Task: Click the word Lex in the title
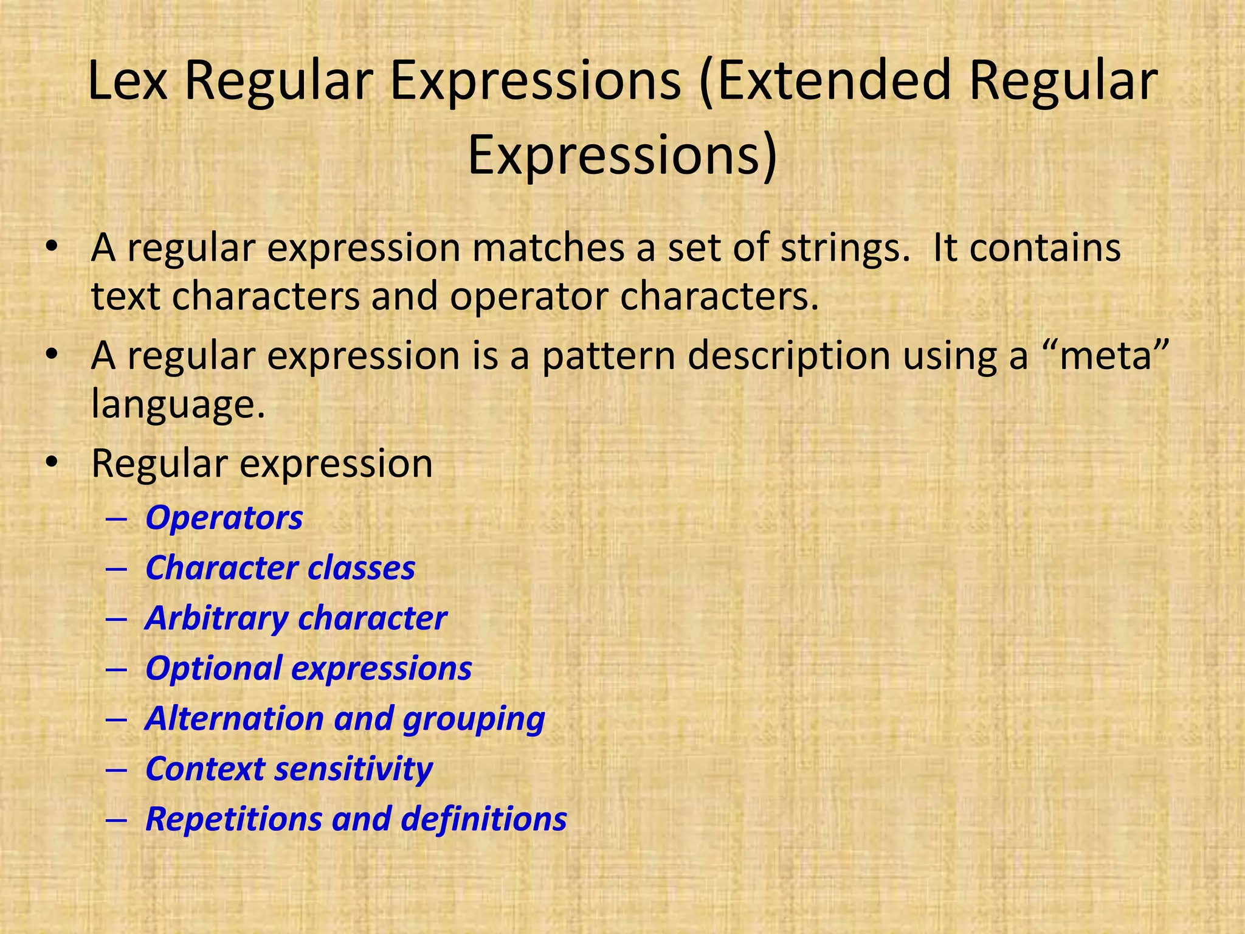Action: coord(127,81)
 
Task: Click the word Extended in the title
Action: coord(828,81)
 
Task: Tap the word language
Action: coord(178,404)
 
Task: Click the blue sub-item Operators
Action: coord(224,518)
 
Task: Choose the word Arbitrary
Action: coord(216,618)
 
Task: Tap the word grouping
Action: coord(474,719)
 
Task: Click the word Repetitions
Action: coord(233,818)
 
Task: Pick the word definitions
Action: coord(483,818)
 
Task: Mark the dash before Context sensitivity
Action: coord(116,770)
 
